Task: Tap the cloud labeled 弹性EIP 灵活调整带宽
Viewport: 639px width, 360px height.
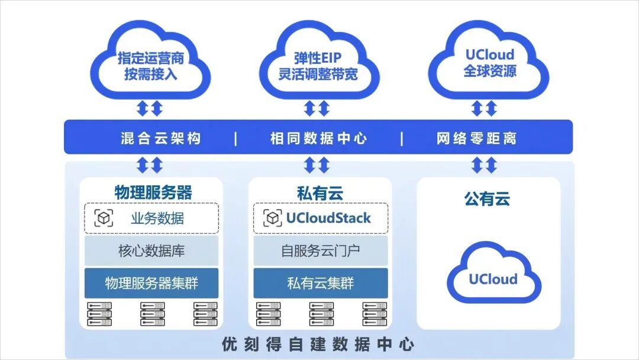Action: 319,61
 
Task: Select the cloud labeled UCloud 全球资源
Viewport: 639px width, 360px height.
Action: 489,61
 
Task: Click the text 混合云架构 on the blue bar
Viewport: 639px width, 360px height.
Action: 160,138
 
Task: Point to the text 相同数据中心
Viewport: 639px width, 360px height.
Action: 318,138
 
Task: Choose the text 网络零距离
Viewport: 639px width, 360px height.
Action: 476,138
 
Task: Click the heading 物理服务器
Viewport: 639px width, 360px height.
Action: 153,192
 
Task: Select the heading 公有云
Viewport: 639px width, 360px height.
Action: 487,199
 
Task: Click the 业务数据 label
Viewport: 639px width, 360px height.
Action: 157,218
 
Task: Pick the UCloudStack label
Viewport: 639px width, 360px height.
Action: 328,218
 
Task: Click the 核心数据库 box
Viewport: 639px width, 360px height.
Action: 151,250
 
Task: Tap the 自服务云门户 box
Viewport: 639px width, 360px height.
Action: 320,250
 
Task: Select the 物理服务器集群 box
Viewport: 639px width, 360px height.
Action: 151,283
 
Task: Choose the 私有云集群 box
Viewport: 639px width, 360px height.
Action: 320,283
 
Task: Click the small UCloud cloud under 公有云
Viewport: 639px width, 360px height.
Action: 493,273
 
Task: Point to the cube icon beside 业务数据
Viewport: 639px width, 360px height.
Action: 104,218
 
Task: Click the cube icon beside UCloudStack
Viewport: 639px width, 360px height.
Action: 273,218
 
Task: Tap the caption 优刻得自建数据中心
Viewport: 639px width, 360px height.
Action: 318,345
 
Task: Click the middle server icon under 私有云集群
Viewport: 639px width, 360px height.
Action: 321,314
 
